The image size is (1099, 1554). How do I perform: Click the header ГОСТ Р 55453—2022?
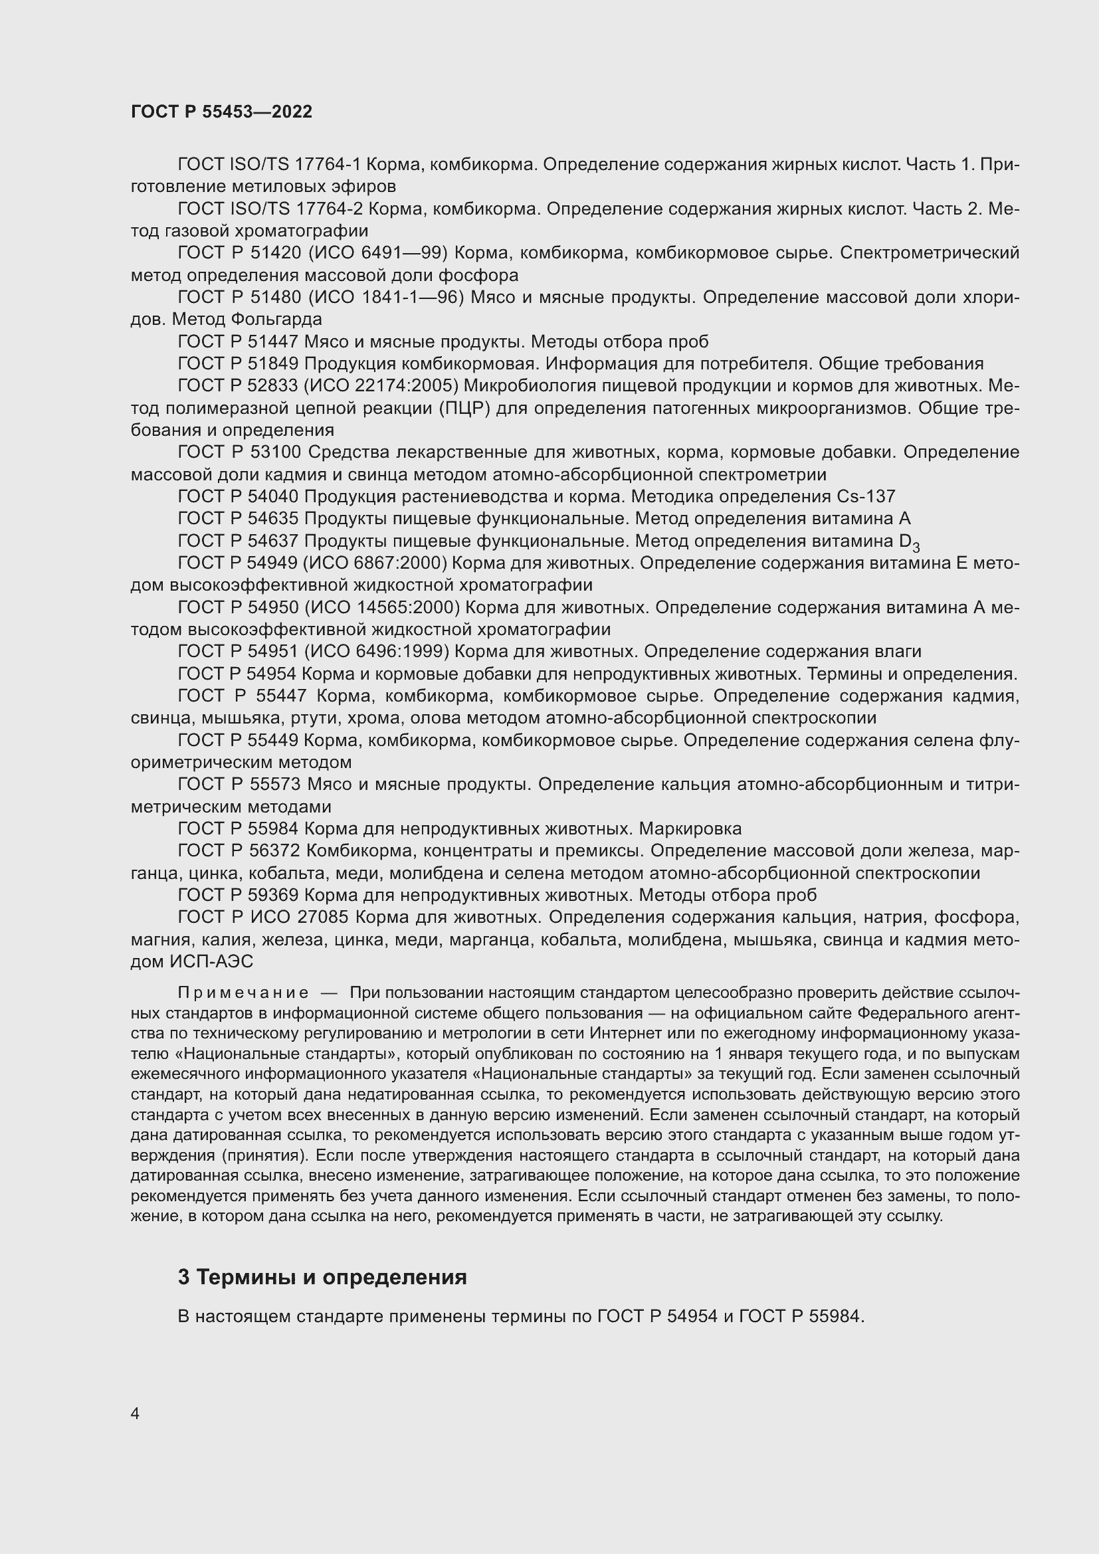[x=221, y=112]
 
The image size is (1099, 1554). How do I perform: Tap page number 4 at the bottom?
[x=135, y=1414]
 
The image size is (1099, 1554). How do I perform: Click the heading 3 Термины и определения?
[x=322, y=1277]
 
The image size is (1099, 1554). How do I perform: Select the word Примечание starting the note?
[x=243, y=993]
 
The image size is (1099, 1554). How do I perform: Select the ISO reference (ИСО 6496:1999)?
[x=376, y=651]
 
